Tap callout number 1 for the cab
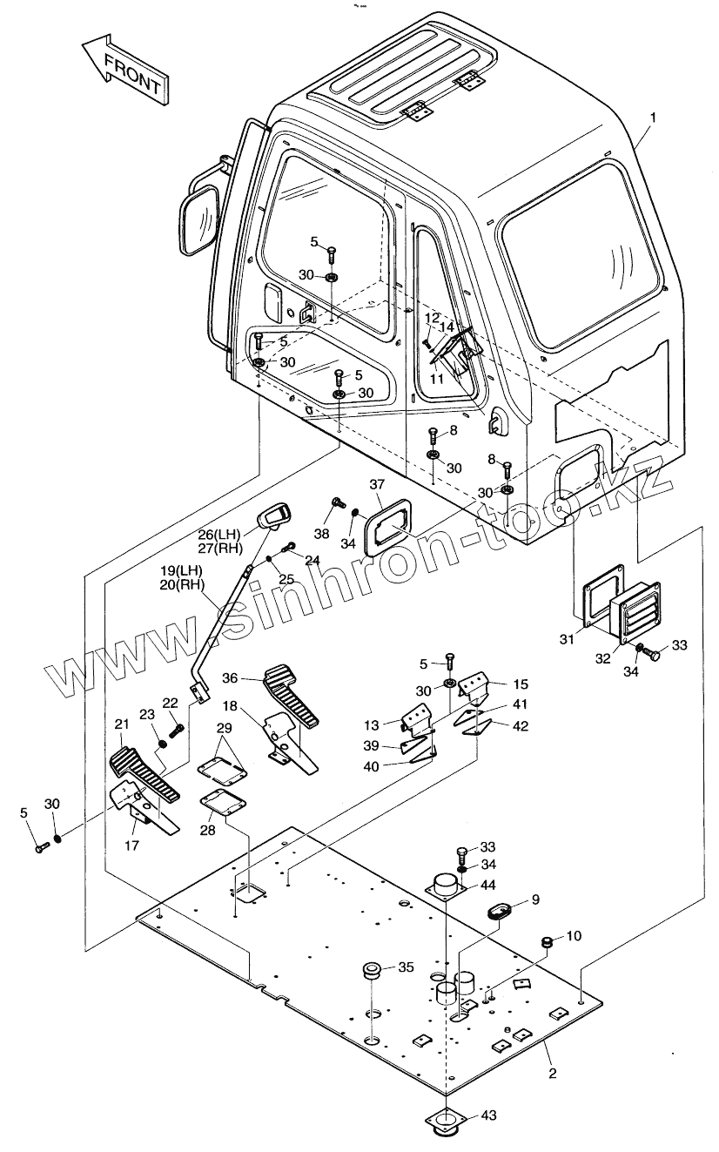[653, 118]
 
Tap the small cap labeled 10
[548, 942]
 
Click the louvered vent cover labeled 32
[635, 610]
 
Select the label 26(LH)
[220, 533]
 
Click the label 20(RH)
[182, 585]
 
